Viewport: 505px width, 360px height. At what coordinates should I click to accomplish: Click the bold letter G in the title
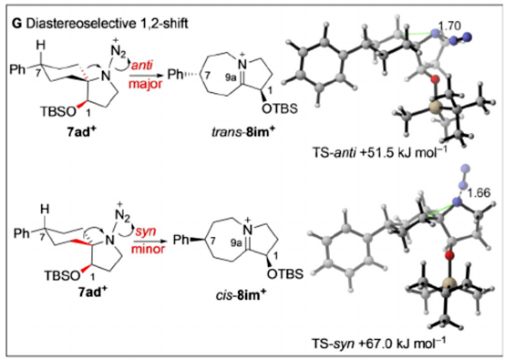click(x=16, y=23)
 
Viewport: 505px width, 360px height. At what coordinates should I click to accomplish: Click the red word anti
click(x=141, y=65)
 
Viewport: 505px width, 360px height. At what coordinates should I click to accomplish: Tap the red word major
click(x=146, y=84)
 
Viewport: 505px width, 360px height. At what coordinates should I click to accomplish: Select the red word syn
click(x=146, y=231)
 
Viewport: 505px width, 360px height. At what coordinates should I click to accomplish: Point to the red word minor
click(x=149, y=249)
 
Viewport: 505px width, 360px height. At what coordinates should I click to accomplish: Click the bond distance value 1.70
click(x=449, y=26)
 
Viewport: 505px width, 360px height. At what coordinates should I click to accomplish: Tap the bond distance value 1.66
click(x=479, y=192)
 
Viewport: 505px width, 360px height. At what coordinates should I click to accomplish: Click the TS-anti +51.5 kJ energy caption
click(x=380, y=152)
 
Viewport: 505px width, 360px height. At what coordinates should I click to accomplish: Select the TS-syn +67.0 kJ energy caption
click(x=379, y=344)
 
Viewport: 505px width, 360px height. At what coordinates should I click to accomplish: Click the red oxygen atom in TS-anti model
click(x=435, y=78)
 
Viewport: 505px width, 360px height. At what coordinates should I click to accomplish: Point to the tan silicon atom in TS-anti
click(x=433, y=106)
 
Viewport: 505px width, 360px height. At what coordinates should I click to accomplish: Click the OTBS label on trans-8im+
click(x=280, y=108)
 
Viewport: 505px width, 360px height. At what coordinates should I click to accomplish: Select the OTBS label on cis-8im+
click(x=285, y=273)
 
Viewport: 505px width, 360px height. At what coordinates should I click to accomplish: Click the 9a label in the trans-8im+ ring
click(x=231, y=78)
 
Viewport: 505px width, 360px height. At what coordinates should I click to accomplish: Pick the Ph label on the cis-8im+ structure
click(x=180, y=240)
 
